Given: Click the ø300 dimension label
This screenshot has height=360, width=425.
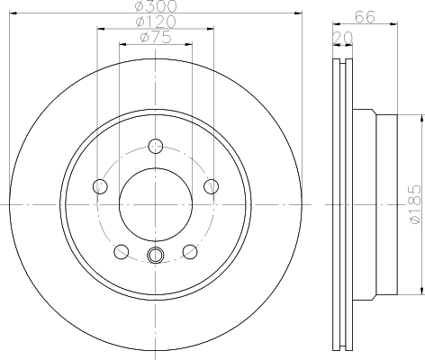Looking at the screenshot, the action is coord(156,6).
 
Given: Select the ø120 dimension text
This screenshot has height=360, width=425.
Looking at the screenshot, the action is coord(156,22).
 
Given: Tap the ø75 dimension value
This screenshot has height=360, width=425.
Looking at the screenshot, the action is coord(156,37).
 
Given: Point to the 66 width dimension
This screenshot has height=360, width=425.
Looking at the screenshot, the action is coord(365,17).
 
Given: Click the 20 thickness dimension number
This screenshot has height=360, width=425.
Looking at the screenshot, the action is coord(343,38).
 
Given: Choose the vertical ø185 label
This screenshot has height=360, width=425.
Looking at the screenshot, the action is coord(415,204).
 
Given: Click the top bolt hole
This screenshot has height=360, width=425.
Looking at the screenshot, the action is coord(156,147).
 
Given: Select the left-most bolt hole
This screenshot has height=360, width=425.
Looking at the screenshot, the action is coord(100,186).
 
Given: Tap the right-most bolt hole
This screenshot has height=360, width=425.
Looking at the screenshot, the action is coord(211,186).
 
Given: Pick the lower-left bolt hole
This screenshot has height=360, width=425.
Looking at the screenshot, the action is coord(122,252).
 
